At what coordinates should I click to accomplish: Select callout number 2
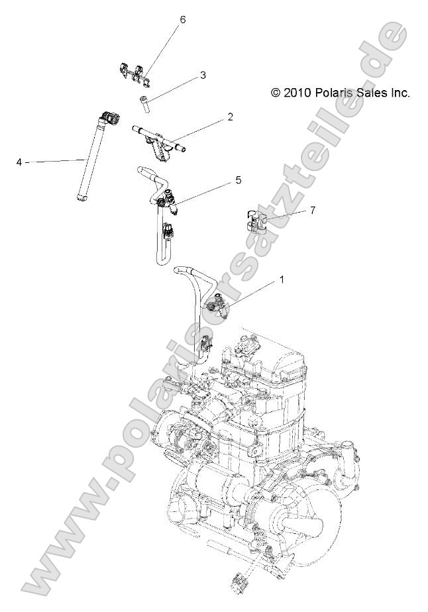click(230, 117)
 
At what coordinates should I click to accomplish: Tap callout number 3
click(203, 76)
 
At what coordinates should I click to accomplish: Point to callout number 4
click(19, 161)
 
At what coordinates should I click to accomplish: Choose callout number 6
click(182, 20)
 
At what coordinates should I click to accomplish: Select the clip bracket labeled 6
click(137, 74)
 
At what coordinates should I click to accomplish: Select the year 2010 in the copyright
click(296, 93)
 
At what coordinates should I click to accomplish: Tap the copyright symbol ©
click(276, 93)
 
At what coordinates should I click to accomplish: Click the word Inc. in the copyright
click(399, 93)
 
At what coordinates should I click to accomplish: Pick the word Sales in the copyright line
click(368, 93)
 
